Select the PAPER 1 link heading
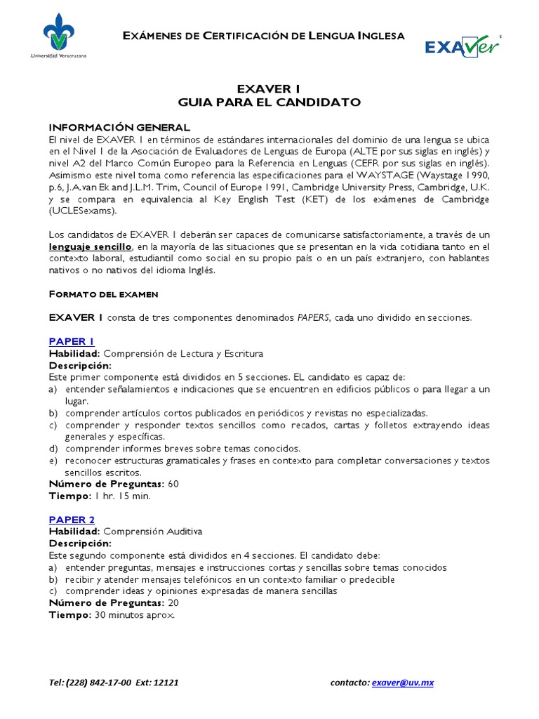tap(71, 341)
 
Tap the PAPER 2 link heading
tap(71, 520)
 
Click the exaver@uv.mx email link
tap(403, 682)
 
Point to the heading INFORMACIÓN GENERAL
tap(119, 127)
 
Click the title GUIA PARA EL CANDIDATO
tap(269, 103)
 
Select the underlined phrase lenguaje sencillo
tap(90, 246)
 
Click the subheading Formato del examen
tap(103, 293)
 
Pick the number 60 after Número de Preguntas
tap(173, 484)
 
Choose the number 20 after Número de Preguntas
tap(173, 603)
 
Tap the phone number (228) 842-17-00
tap(101, 682)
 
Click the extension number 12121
tap(165, 682)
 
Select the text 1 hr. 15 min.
tap(122, 496)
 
